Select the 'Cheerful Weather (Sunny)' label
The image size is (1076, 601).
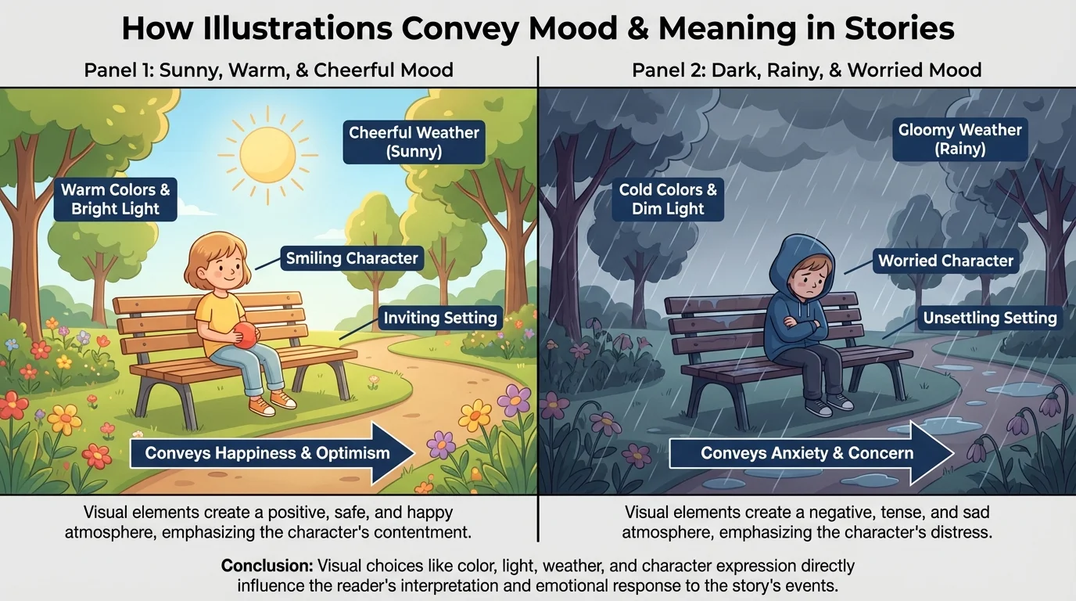click(414, 142)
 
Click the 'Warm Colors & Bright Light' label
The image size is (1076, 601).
click(116, 199)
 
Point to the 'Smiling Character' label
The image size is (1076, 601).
click(352, 258)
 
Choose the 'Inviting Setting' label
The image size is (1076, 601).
click(440, 318)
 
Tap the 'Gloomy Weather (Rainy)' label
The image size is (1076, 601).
click(959, 139)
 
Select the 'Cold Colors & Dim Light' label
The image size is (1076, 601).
click(668, 199)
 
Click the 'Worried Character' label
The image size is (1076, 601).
click(945, 261)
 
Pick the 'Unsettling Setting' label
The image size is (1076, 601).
click(989, 318)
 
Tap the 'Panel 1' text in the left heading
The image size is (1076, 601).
click(118, 70)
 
